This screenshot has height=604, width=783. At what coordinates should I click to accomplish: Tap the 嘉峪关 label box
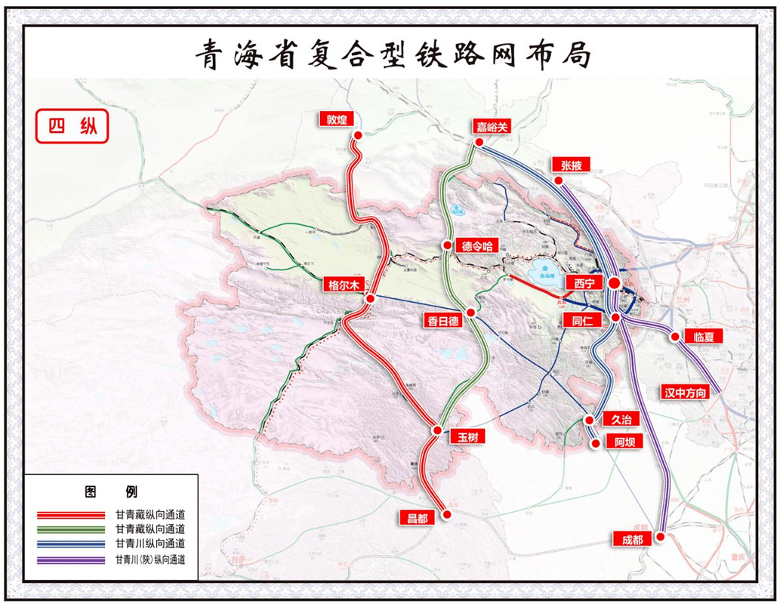click(x=493, y=127)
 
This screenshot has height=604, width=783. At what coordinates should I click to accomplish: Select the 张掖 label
click(x=571, y=165)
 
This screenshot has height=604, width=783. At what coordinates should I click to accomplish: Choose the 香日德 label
click(x=443, y=321)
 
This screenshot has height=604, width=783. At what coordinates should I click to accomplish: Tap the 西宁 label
click(x=584, y=283)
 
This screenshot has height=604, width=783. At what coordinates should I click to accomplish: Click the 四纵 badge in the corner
click(x=72, y=126)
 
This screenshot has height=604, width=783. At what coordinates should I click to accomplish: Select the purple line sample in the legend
click(x=71, y=560)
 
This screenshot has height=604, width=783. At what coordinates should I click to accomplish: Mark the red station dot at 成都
click(x=660, y=537)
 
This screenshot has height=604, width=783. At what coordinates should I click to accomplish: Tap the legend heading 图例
click(x=110, y=492)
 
